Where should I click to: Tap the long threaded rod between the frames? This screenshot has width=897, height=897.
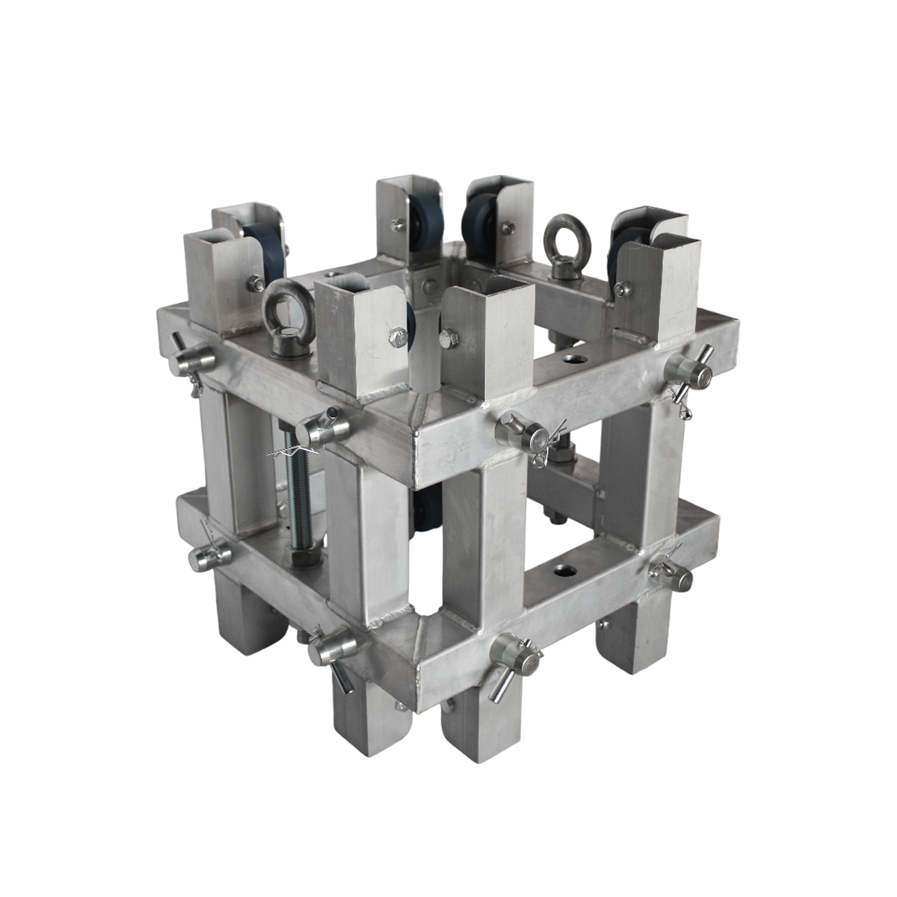pyautogui.click(x=297, y=493)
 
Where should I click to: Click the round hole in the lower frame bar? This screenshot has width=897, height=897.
pyautogui.click(x=561, y=572)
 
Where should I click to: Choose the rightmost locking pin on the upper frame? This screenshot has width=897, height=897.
pyautogui.click(x=686, y=372)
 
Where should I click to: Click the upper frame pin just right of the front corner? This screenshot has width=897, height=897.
pyautogui.click(x=523, y=433)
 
